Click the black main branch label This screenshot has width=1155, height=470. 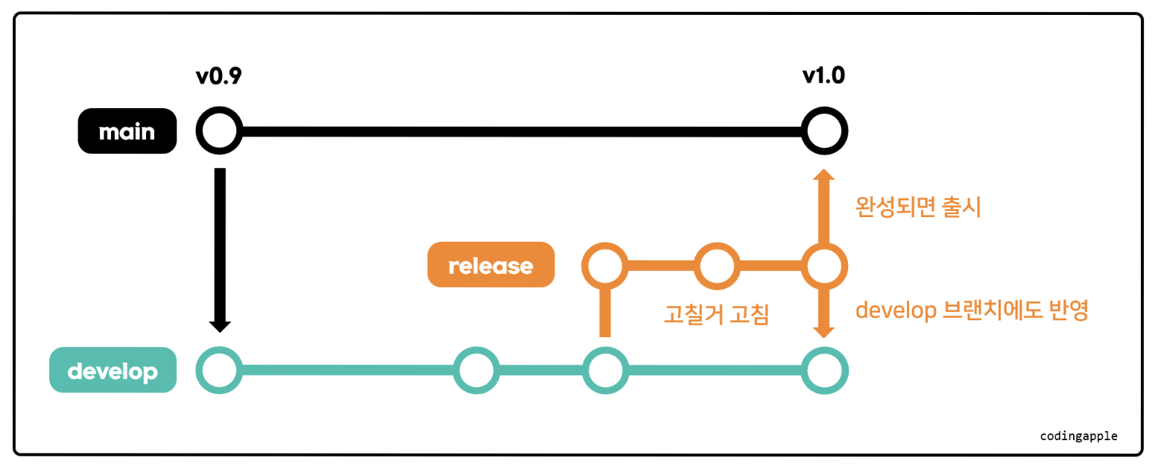[x=127, y=132]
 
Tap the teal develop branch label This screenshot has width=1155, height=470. [x=113, y=371]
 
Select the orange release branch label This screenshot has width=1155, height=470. [x=491, y=265]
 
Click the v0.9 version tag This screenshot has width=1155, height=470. [x=218, y=76]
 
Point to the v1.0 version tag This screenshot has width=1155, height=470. [x=823, y=76]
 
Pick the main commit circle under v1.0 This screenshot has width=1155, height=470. [x=823, y=132]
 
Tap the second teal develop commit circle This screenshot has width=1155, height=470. [x=476, y=369]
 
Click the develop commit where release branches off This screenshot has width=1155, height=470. [x=605, y=369]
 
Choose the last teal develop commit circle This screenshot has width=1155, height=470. [x=824, y=369]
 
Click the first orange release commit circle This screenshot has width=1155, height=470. [x=605, y=265]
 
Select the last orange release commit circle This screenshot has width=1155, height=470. [x=824, y=265]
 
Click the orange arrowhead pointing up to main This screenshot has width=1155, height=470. [x=823, y=177]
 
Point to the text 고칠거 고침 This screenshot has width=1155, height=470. [x=716, y=314]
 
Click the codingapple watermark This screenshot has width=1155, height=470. [x=1079, y=436]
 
